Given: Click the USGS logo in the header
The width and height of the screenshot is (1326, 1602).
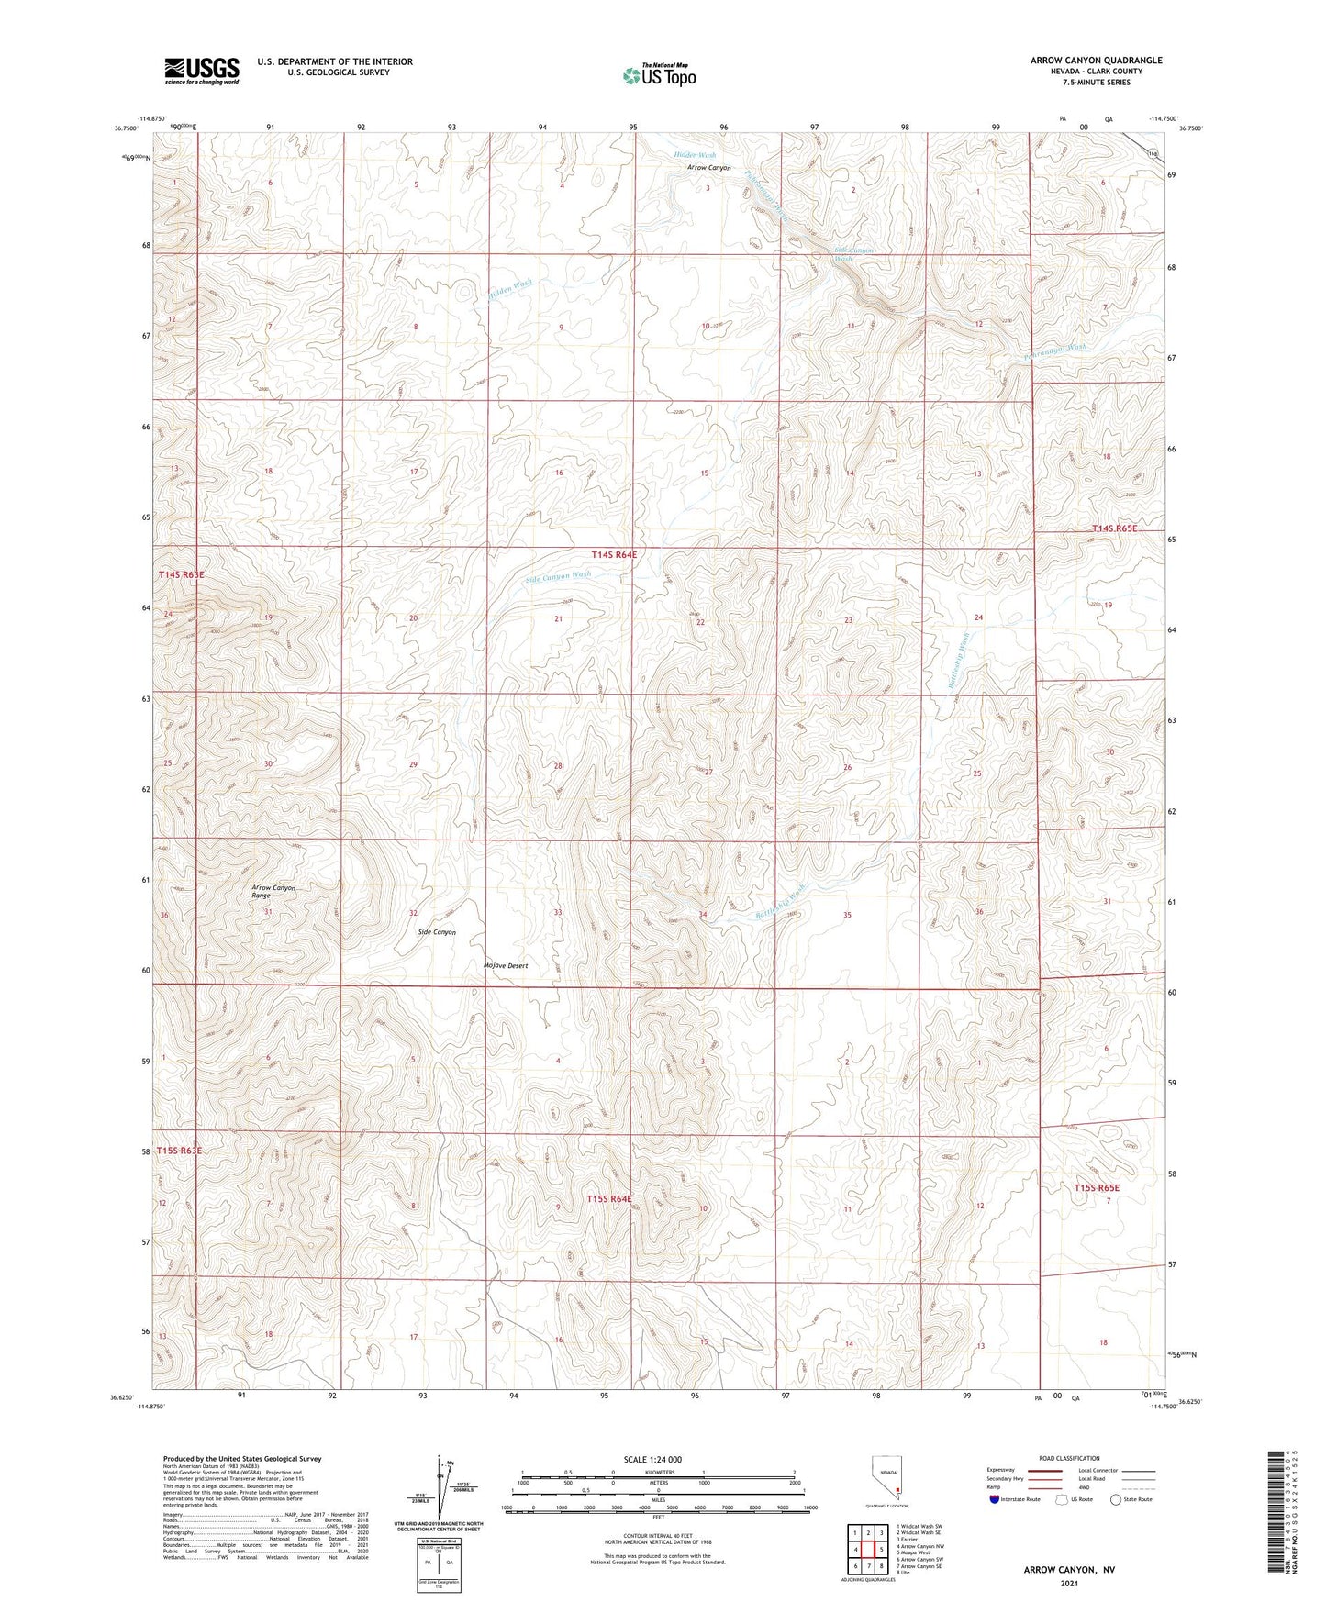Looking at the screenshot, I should [x=202, y=71].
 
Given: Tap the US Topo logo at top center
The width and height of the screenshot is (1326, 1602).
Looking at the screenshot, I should [x=659, y=75].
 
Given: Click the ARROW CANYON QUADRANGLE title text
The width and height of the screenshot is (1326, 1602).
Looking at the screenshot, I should [x=1096, y=61].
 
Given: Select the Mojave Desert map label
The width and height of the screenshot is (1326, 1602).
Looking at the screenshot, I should [x=506, y=966].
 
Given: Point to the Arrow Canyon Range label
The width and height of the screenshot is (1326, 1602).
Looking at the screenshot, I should [x=273, y=891].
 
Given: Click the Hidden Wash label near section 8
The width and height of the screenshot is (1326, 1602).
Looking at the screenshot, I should [x=510, y=288].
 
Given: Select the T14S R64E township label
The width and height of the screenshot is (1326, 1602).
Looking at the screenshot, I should [x=613, y=555].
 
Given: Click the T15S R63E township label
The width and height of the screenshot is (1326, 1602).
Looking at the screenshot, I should [x=178, y=1150].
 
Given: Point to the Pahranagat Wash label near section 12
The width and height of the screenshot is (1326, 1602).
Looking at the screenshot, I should [x=1053, y=350].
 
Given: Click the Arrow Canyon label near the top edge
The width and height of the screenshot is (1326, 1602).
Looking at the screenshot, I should [x=709, y=168].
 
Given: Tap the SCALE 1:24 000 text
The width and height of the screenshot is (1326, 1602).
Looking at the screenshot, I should [x=652, y=1459].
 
